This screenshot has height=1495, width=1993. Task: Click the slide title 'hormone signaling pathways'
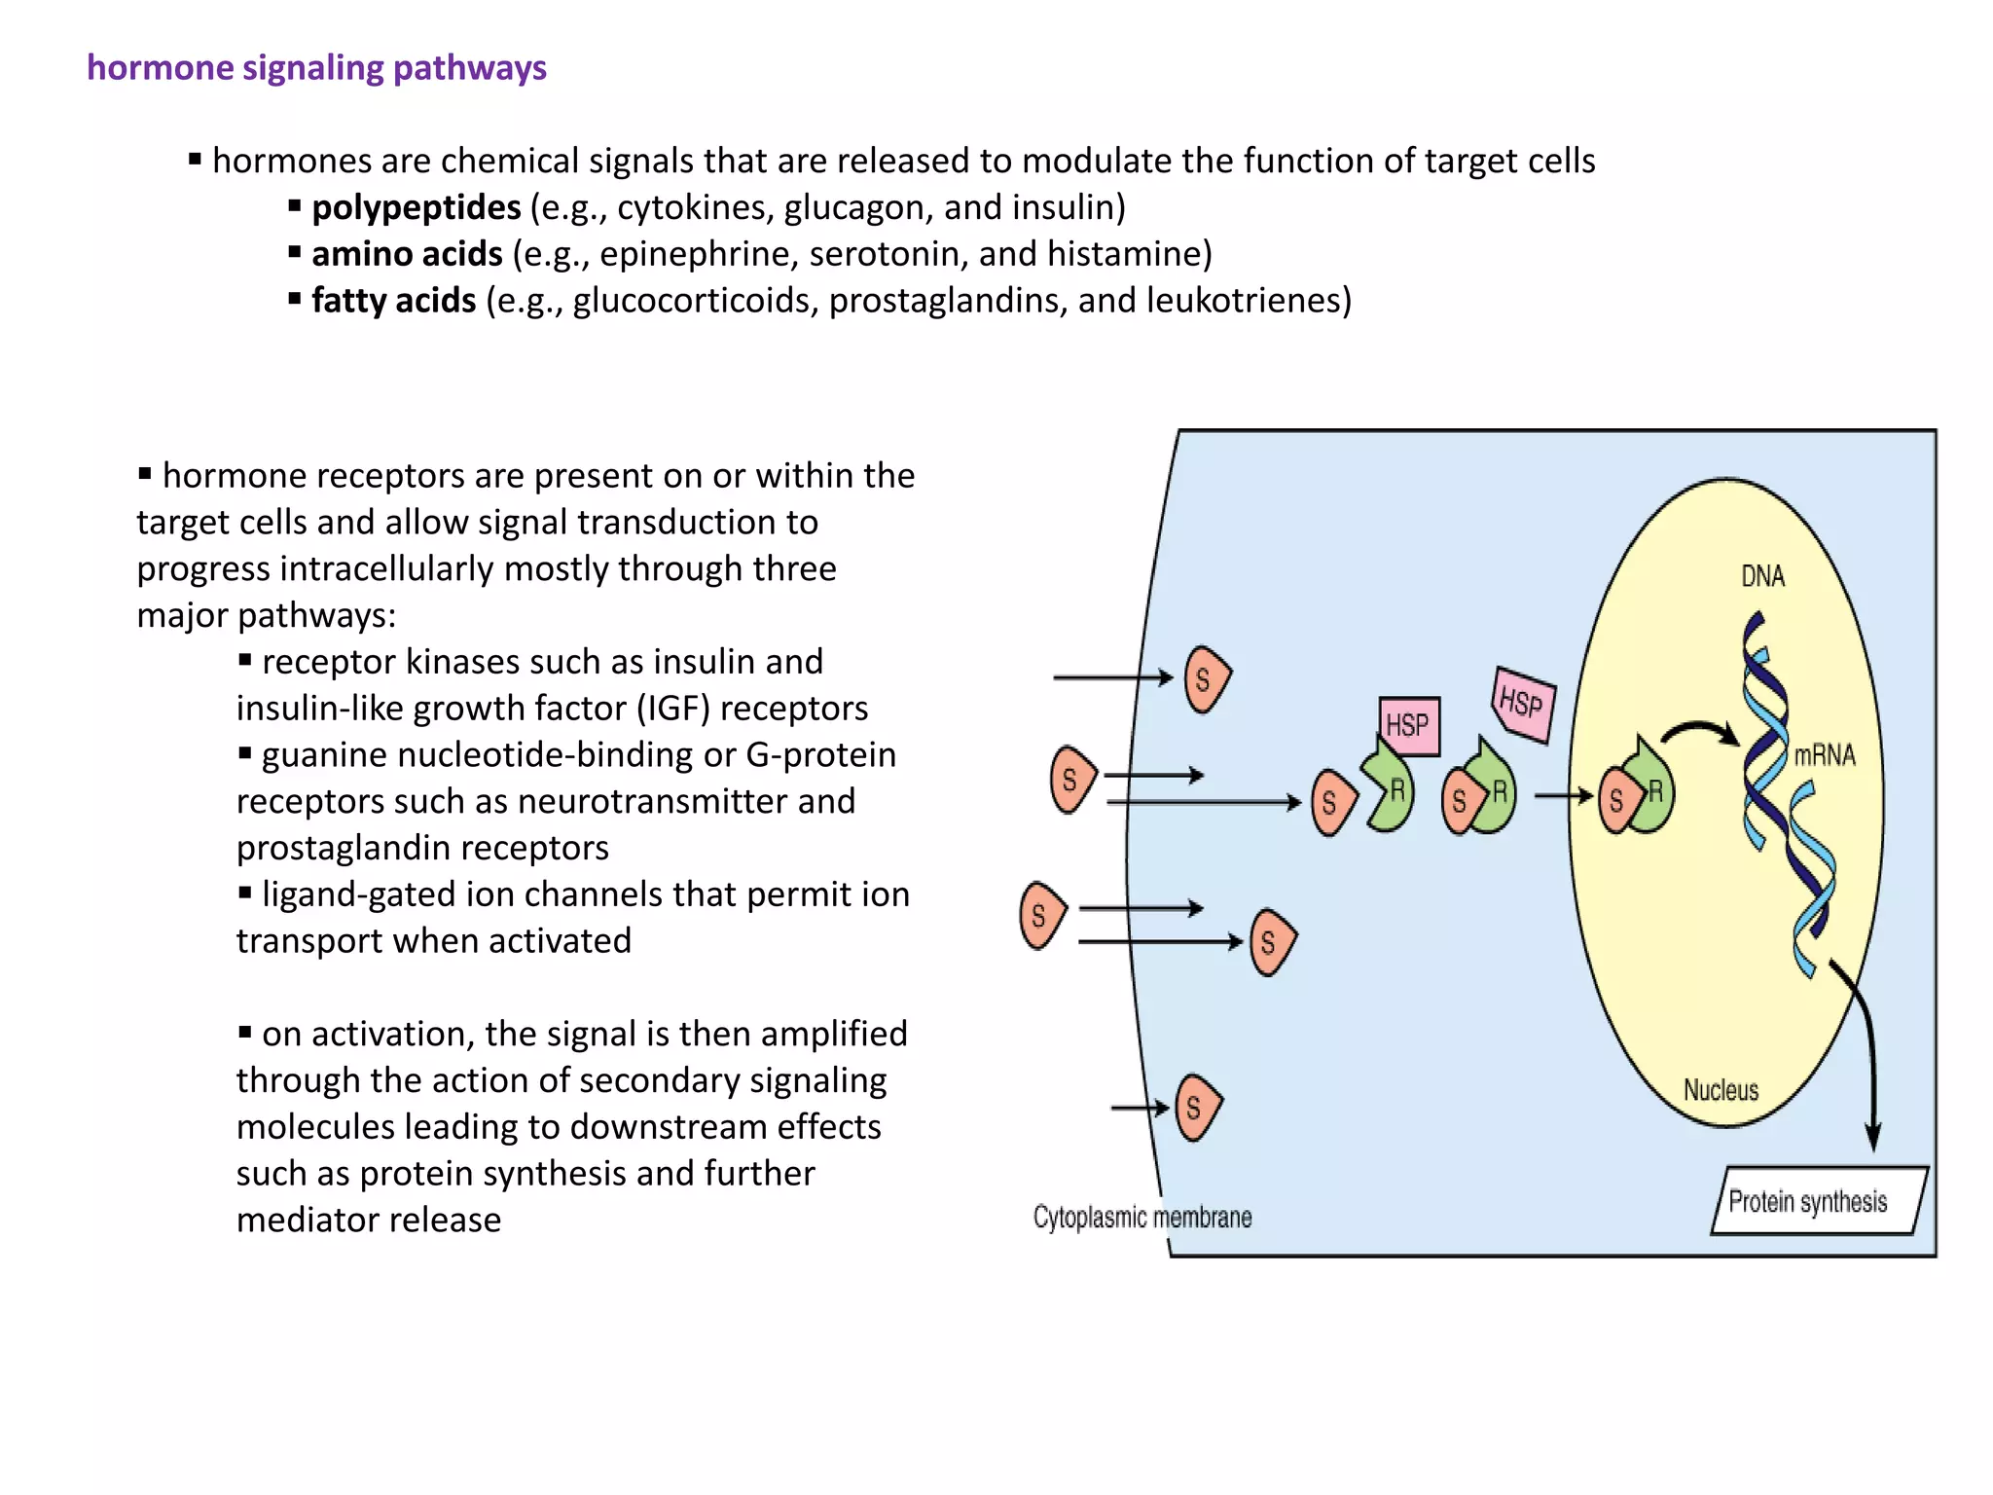[x=316, y=68]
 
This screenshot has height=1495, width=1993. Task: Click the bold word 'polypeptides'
[x=416, y=207]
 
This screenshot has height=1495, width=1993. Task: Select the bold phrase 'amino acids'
[x=407, y=254]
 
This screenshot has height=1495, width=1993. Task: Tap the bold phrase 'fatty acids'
[x=393, y=301]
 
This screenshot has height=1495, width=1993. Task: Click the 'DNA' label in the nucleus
[x=1762, y=576]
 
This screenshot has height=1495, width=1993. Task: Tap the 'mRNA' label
[x=1824, y=755]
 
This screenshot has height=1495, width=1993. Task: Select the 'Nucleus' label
[x=1721, y=1090]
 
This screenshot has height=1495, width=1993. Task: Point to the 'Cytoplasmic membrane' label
[x=1141, y=1218]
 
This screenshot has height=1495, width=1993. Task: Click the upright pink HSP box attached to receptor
[x=1408, y=725]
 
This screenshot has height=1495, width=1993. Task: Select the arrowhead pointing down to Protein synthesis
[x=1872, y=1137]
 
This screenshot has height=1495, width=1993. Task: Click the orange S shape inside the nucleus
[x=1615, y=800]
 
